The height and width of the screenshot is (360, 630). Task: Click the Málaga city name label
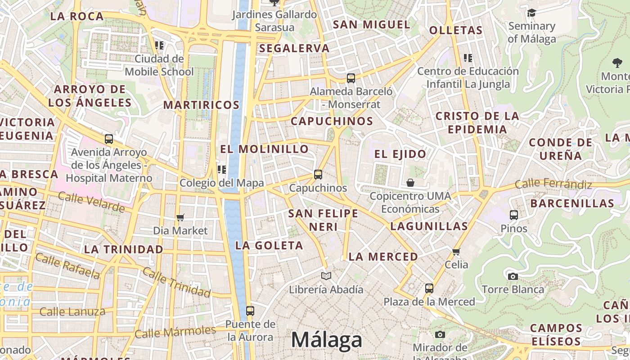[326, 340]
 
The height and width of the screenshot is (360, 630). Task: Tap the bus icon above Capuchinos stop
[318, 174]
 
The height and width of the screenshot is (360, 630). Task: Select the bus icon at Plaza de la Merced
[429, 288]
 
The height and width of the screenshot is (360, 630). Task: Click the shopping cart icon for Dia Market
[180, 218]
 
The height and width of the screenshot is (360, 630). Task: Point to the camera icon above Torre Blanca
[513, 276]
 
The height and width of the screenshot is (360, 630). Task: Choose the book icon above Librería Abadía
[326, 276]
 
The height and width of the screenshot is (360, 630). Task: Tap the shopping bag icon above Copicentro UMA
[410, 183]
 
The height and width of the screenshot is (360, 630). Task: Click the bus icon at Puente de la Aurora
[250, 310]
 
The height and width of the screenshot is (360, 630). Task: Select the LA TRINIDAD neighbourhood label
[124, 249]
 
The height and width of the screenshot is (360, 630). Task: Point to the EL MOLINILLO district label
[265, 149]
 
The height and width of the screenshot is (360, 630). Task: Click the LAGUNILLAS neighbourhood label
[429, 226]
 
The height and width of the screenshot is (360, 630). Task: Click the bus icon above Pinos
[514, 215]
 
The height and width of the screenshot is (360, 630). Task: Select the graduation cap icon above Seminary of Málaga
[531, 13]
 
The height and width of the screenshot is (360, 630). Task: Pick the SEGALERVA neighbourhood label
[294, 48]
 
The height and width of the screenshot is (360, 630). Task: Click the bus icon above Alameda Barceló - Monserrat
[351, 78]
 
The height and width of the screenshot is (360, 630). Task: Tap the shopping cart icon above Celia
[456, 252]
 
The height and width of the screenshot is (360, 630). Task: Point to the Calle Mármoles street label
[175, 332]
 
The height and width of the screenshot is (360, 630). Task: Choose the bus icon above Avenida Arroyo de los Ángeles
[109, 139]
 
